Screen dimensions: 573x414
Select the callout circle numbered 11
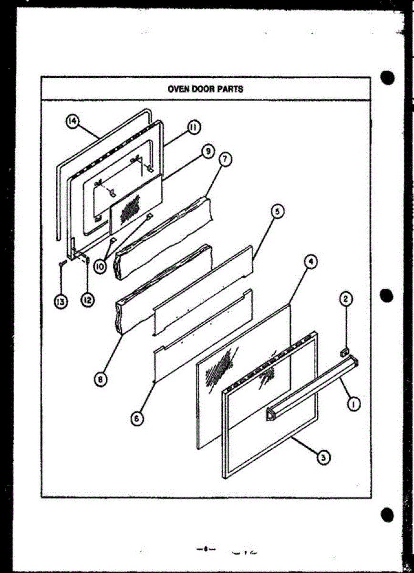(x=193, y=127)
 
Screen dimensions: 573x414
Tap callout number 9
(x=207, y=152)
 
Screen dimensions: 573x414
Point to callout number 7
(x=223, y=159)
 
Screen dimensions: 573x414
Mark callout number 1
(x=353, y=404)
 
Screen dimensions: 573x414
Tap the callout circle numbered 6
(x=136, y=418)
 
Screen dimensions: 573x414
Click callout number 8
(x=101, y=380)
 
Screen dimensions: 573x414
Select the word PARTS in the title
(x=231, y=88)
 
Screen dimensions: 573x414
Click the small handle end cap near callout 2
(x=343, y=353)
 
